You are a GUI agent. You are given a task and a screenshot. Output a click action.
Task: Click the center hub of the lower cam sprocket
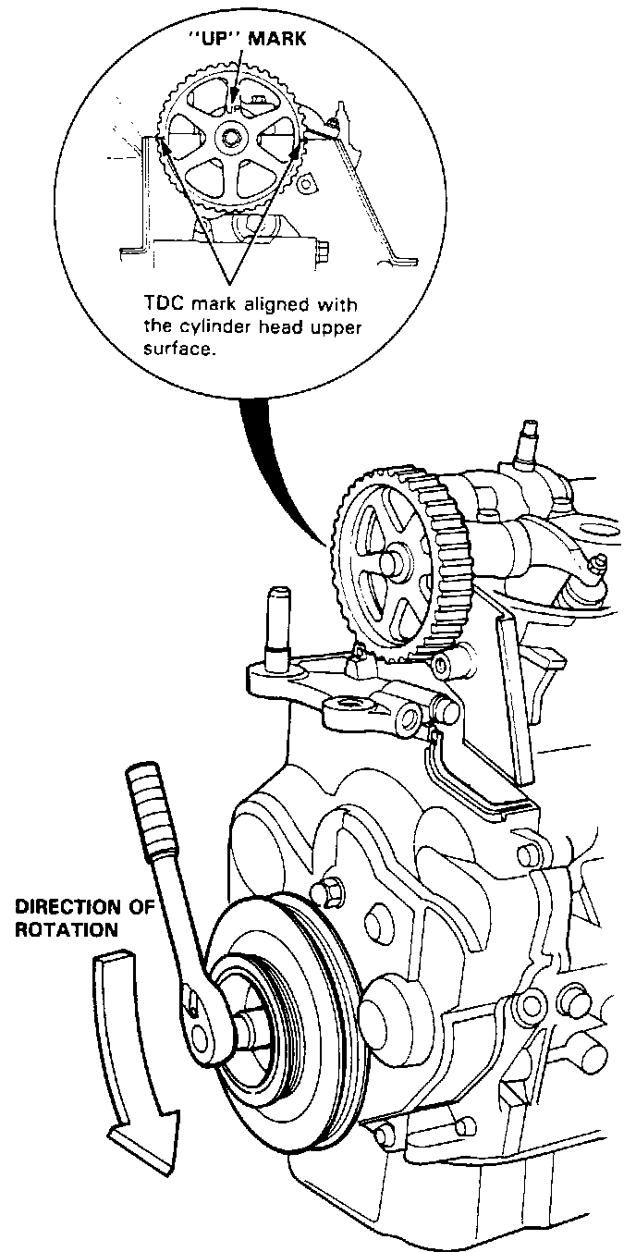click(x=387, y=563)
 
